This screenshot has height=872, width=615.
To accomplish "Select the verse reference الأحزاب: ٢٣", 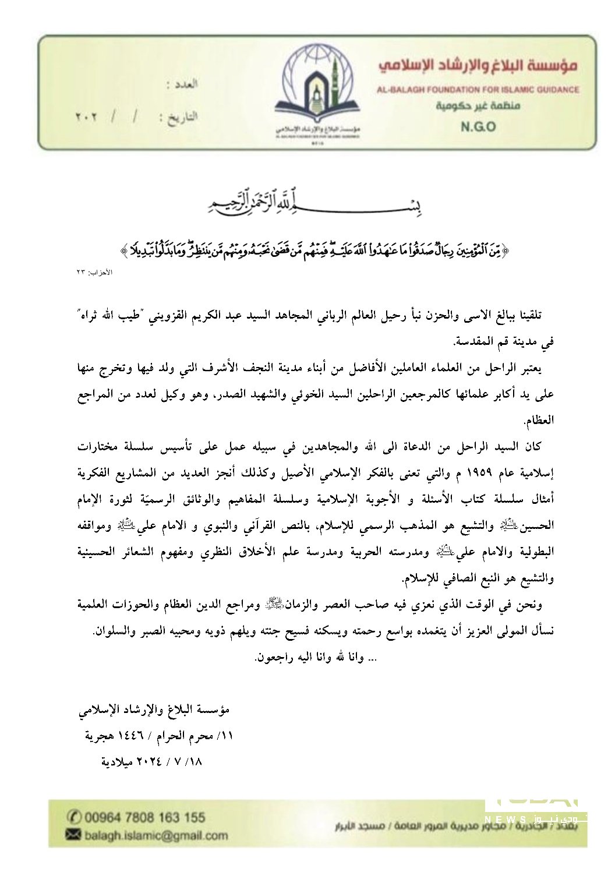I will [87, 272].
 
